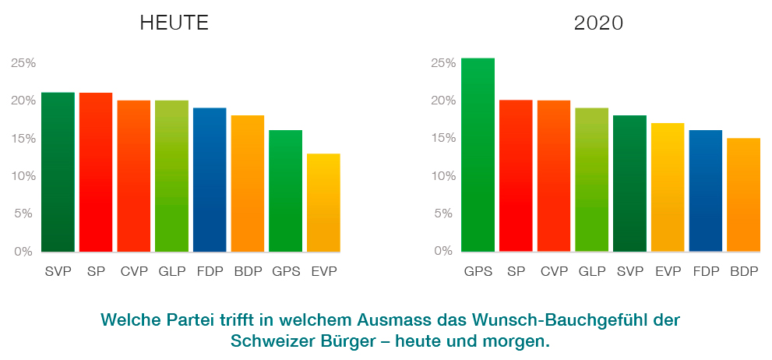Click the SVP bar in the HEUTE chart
[x=58, y=172]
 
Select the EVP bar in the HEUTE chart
[x=323, y=203]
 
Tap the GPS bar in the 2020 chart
[x=478, y=155]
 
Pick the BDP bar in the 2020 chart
[x=743, y=195]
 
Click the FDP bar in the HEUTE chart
[x=210, y=180]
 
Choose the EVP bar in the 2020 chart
[x=668, y=187]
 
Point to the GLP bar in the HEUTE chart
[x=171, y=176]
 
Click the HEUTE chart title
[x=174, y=23]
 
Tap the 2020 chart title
[x=598, y=23]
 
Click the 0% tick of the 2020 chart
[x=442, y=251]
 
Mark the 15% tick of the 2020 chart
[x=441, y=138]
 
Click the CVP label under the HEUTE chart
[x=133, y=272]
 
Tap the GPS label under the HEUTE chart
[x=285, y=272]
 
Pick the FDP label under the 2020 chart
[x=705, y=272]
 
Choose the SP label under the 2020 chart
[x=515, y=272]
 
